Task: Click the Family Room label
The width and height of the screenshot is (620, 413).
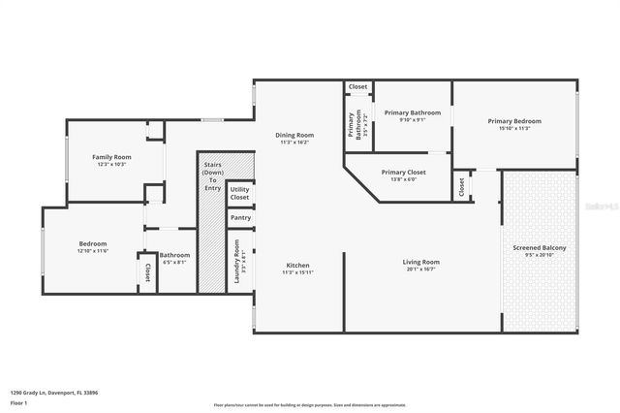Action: [x=111, y=156]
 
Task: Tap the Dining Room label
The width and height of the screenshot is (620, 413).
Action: [x=294, y=135]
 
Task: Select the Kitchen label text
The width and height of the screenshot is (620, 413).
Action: [x=297, y=265]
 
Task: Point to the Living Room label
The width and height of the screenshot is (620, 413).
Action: [x=421, y=262]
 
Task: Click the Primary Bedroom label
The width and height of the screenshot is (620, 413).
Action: [x=513, y=121]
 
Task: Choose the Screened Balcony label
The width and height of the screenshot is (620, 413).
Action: [x=540, y=248]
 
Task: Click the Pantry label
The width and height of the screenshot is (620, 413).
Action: [x=240, y=218]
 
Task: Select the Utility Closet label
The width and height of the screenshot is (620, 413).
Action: [x=239, y=194]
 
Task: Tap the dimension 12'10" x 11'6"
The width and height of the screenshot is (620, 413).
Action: [x=93, y=251]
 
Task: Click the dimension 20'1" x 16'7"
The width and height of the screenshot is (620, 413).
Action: [x=421, y=270]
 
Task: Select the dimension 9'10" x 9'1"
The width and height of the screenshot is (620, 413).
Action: [x=412, y=120]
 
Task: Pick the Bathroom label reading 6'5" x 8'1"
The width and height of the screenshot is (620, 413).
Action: [x=174, y=256]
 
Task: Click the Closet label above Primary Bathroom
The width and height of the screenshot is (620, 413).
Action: [x=358, y=87]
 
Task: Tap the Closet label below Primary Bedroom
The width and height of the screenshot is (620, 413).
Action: [x=462, y=186]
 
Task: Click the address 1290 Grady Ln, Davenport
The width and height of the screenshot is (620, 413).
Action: [x=54, y=393]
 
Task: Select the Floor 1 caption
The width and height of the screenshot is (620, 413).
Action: [x=17, y=401]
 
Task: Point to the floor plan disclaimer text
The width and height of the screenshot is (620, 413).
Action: [x=310, y=404]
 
